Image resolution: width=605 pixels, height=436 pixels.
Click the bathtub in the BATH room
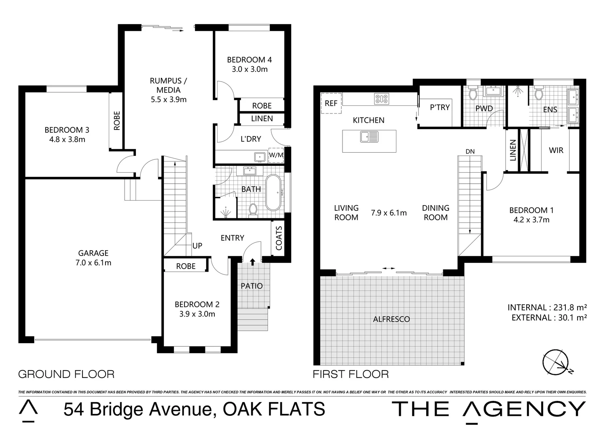coord(273,193)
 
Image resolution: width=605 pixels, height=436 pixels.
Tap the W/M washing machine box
coord(276,155)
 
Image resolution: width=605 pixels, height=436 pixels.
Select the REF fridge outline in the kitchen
coord(331,103)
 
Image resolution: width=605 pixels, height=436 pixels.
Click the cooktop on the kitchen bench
coord(382,99)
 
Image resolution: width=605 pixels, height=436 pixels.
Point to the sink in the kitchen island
coord(369,137)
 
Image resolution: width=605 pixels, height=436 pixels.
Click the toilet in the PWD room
coord(473,94)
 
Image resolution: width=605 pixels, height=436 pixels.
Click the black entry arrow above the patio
coord(252,262)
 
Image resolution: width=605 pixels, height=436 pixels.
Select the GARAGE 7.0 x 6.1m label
coord(93,258)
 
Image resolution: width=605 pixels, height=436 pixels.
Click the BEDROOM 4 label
coord(249,60)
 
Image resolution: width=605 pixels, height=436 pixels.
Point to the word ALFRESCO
coord(391,319)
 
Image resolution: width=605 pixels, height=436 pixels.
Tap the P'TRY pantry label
coord(440,107)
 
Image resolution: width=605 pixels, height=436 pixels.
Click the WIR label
coord(556,150)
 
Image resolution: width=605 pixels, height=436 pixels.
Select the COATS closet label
coord(279,238)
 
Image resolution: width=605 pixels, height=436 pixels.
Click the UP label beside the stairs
coord(197,245)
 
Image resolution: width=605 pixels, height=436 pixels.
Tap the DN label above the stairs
coord(470,151)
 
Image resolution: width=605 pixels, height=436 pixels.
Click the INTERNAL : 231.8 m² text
coord(547,307)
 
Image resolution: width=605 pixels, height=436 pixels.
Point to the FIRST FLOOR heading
coord(351,374)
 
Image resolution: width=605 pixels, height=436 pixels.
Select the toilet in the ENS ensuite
coord(539,94)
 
